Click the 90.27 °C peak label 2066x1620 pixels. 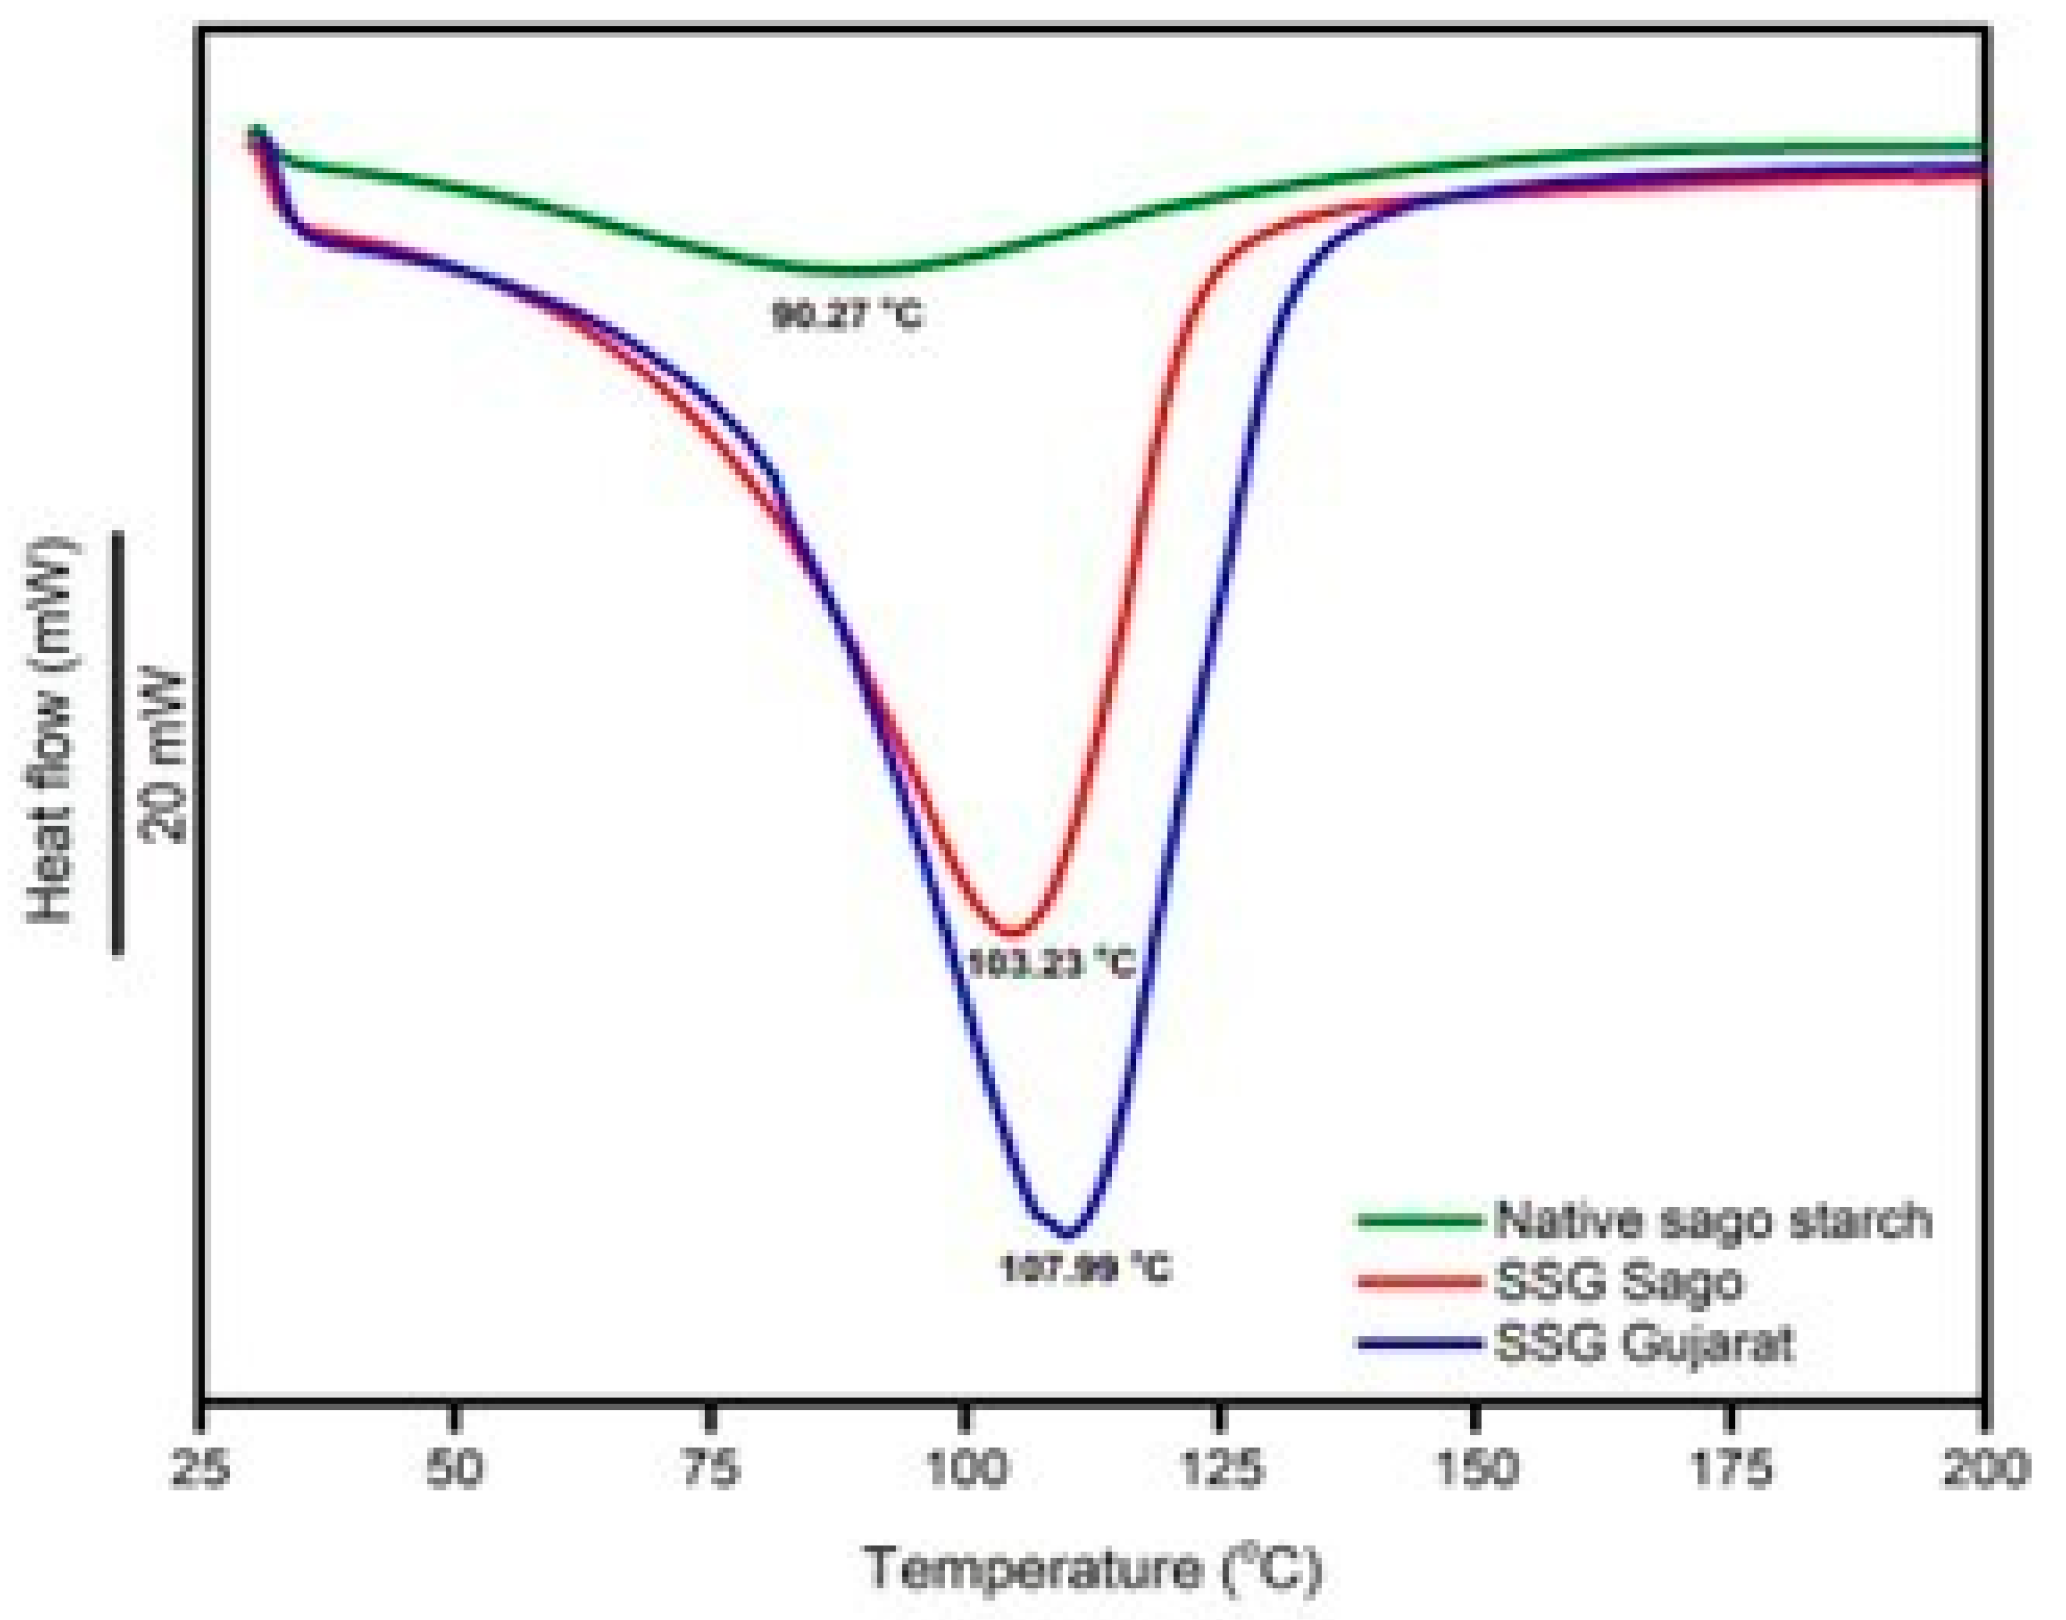[848, 316]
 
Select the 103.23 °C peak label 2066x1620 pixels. [1052, 963]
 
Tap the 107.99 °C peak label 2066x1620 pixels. [1085, 1268]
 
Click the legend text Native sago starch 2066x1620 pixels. [1713, 1220]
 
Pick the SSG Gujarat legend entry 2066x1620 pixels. [1644, 1344]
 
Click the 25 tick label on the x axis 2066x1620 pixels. [201, 1469]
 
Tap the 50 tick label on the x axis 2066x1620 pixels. [454, 1469]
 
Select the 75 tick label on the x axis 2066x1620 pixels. [710, 1469]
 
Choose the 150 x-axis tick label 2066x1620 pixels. [1475, 1469]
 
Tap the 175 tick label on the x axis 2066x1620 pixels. [1731, 1469]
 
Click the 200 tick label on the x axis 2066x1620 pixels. [1985, 1469]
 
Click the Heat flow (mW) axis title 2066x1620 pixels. [51, 729]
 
